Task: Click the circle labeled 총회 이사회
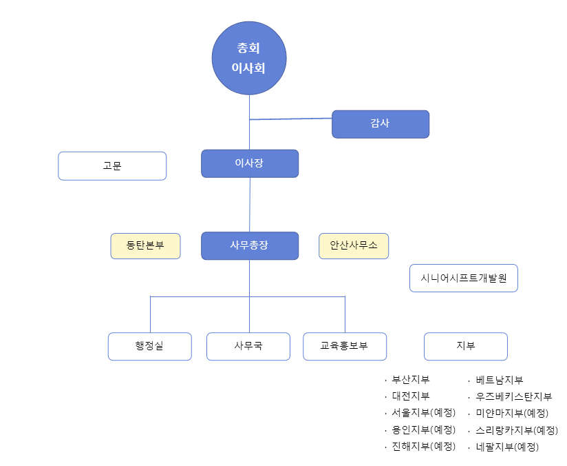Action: pos(249,58)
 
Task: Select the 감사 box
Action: pos(381,124)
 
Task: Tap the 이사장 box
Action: pos(250,163)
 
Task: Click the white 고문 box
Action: pos(112,166)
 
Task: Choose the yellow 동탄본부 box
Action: pos(145,245)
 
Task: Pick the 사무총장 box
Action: pos(250,245)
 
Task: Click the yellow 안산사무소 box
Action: pos(354,245)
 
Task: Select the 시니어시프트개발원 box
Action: pos(463,278)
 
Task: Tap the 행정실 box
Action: pos(149,346)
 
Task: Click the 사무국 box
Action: pos(248,346)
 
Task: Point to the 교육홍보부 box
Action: pos(345,346)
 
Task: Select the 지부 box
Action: pos(465,346)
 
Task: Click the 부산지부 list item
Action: pos(411,380)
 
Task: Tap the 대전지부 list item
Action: pos(411,396)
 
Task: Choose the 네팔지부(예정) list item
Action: pos(507,446)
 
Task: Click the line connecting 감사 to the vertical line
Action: pos(290,119)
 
